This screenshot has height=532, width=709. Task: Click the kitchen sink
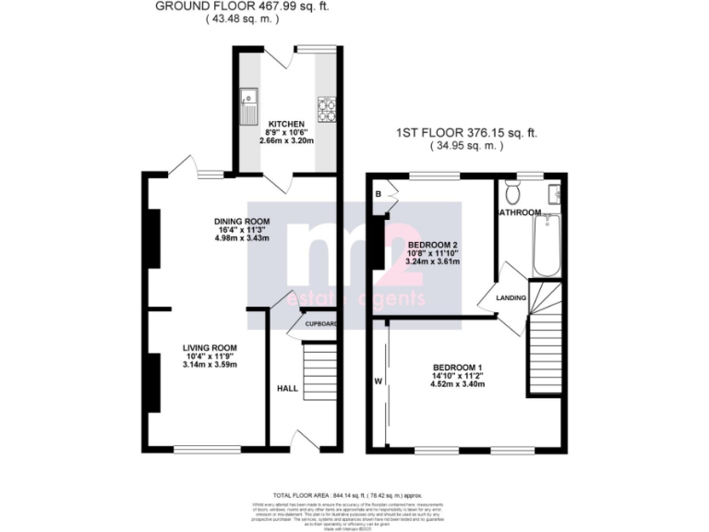248,104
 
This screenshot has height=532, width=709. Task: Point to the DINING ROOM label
241,221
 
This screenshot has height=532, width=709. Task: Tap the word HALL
287,389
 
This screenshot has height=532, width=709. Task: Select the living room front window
201,450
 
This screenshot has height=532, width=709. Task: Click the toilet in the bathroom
513,192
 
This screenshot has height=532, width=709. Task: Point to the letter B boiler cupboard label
379,194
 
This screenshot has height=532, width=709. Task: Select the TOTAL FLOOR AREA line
354,495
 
